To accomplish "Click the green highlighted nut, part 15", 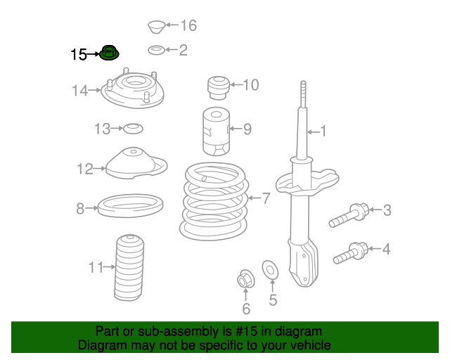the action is click(x=109, y=53).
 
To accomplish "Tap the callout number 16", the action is click(x=188, y=25).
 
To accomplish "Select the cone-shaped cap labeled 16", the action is click(x=156, y=27).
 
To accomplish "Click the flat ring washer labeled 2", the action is click(x=156, y=50).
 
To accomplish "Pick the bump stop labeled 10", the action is click(x=219, y=88).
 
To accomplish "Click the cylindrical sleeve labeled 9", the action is click(x=216, y=131).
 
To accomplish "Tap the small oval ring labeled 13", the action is click(x=133, y=129).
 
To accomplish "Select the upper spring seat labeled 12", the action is click(x=136, y=163).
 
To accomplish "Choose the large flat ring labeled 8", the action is click(x=131, y=205).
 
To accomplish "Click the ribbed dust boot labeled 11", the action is click(x=129, y=268).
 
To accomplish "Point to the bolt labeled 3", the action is click(x=349, y=215).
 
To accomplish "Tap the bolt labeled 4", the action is click(x=351, y=253).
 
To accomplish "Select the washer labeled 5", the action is click(x=270, y=270).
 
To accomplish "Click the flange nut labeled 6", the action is click(x=246, y=278).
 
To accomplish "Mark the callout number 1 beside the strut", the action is click(x=323, y=131).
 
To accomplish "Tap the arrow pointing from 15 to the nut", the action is click(x=93, y=53).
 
